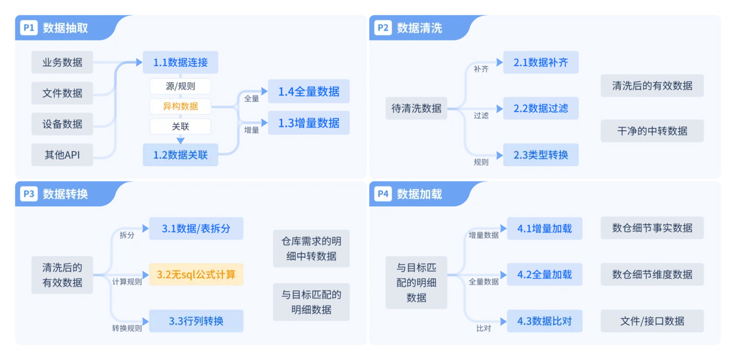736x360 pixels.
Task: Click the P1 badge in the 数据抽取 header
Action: [x=29, y=28]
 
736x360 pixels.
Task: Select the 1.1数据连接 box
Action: [x=180, y=62]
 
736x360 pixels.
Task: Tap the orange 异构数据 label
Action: [x=180, y=106]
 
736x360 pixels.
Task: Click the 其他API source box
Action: [x=62, y=155]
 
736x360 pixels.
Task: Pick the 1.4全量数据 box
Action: [x=309, y=91]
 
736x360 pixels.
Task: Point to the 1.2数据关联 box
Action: [x=180, y=155]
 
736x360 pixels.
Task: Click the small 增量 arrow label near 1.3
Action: [x=251, y=130]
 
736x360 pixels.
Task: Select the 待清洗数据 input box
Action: [x=416, y=108]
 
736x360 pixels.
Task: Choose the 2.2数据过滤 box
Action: [x=541, y=108]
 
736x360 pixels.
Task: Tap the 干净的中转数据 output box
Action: [x=652, y=131]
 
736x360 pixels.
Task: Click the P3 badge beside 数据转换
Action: [x=29, y=194]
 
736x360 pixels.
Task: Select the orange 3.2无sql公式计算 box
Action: [x=196, y=274]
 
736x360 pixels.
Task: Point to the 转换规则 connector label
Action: [x=127, y=328]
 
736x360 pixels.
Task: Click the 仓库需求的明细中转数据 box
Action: [x=311, y=248]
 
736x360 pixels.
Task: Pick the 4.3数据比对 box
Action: [x=545, y=321]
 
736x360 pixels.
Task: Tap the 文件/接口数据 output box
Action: [x=652, y=321]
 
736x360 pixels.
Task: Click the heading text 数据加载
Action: [x=420, y=194]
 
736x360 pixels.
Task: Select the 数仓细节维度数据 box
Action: [x=652, y=274]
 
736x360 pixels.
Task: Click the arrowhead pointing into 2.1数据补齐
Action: [x=500, y=62]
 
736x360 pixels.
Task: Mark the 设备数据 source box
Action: [x=62, y=124]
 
